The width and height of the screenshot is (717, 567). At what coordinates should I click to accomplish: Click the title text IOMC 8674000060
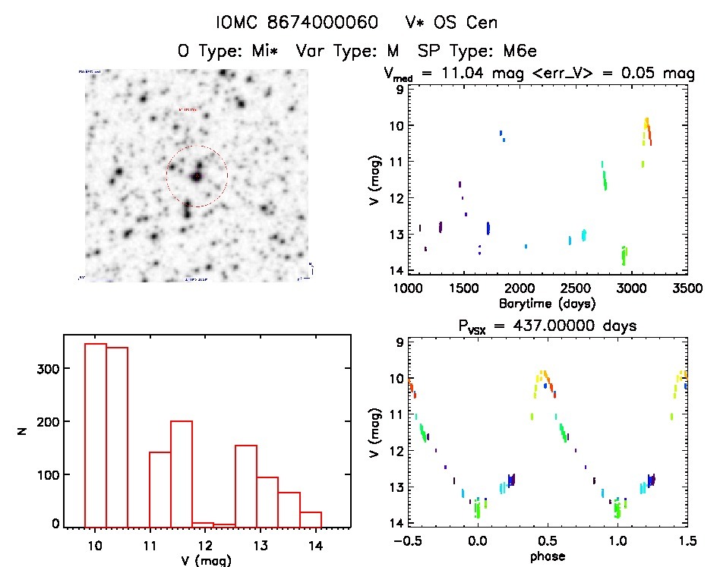[x=297, y=23]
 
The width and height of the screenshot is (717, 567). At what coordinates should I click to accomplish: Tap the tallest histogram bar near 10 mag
[x=95, y=433]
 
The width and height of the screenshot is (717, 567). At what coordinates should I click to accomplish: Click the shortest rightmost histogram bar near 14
[x=311, y=518]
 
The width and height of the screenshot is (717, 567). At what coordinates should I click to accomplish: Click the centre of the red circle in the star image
[x=197, y=176]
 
